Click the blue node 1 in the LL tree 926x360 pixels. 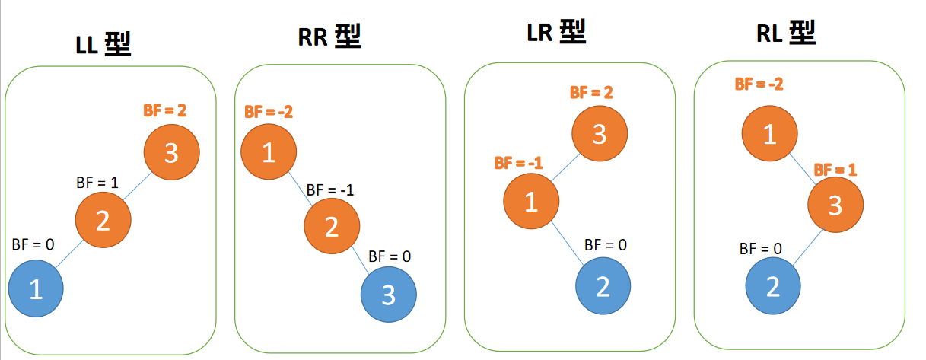(x=35, y=288)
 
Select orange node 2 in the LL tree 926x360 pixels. (x=103, y=221)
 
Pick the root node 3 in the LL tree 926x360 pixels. (x=171, y=152)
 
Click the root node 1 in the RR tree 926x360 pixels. (x=268, y=153)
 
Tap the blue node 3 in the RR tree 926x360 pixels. (x=388, y=295)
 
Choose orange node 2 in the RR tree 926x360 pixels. (x=331, y=225)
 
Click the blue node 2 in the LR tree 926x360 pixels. (x=603, y=286)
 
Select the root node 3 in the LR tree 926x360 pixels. (x=600, y=134)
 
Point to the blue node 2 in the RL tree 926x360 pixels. (x=772, y=286)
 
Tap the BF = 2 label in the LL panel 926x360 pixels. (x=164, y=110)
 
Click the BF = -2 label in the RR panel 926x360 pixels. (x=269, y=112)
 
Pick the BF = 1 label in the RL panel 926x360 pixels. (x=835, y=169)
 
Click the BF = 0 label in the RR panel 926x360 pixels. (x=389, y=256)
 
